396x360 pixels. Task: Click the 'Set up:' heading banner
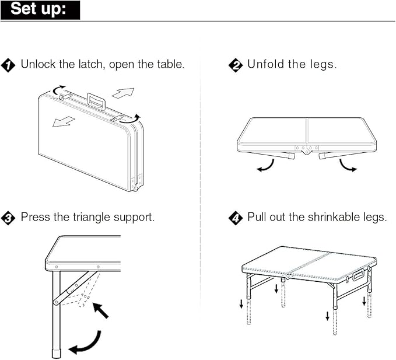[x=40, y=10]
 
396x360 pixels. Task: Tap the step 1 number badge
[x=8, y=65]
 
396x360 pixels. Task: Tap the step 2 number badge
[x=235, y=65]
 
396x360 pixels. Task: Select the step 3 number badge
[x=8, y=218]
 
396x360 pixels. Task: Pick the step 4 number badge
[x=235, y=218]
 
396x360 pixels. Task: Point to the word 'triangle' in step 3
[x=93, y=217]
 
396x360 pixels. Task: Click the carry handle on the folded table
[x=96, y=101]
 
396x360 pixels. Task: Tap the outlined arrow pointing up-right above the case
[x=123, y=93]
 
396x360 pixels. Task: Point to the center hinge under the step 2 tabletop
[x=306, y=149]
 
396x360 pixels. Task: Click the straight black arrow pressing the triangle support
[x=101, y=310]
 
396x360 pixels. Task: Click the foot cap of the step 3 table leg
[x=57, y=354]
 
